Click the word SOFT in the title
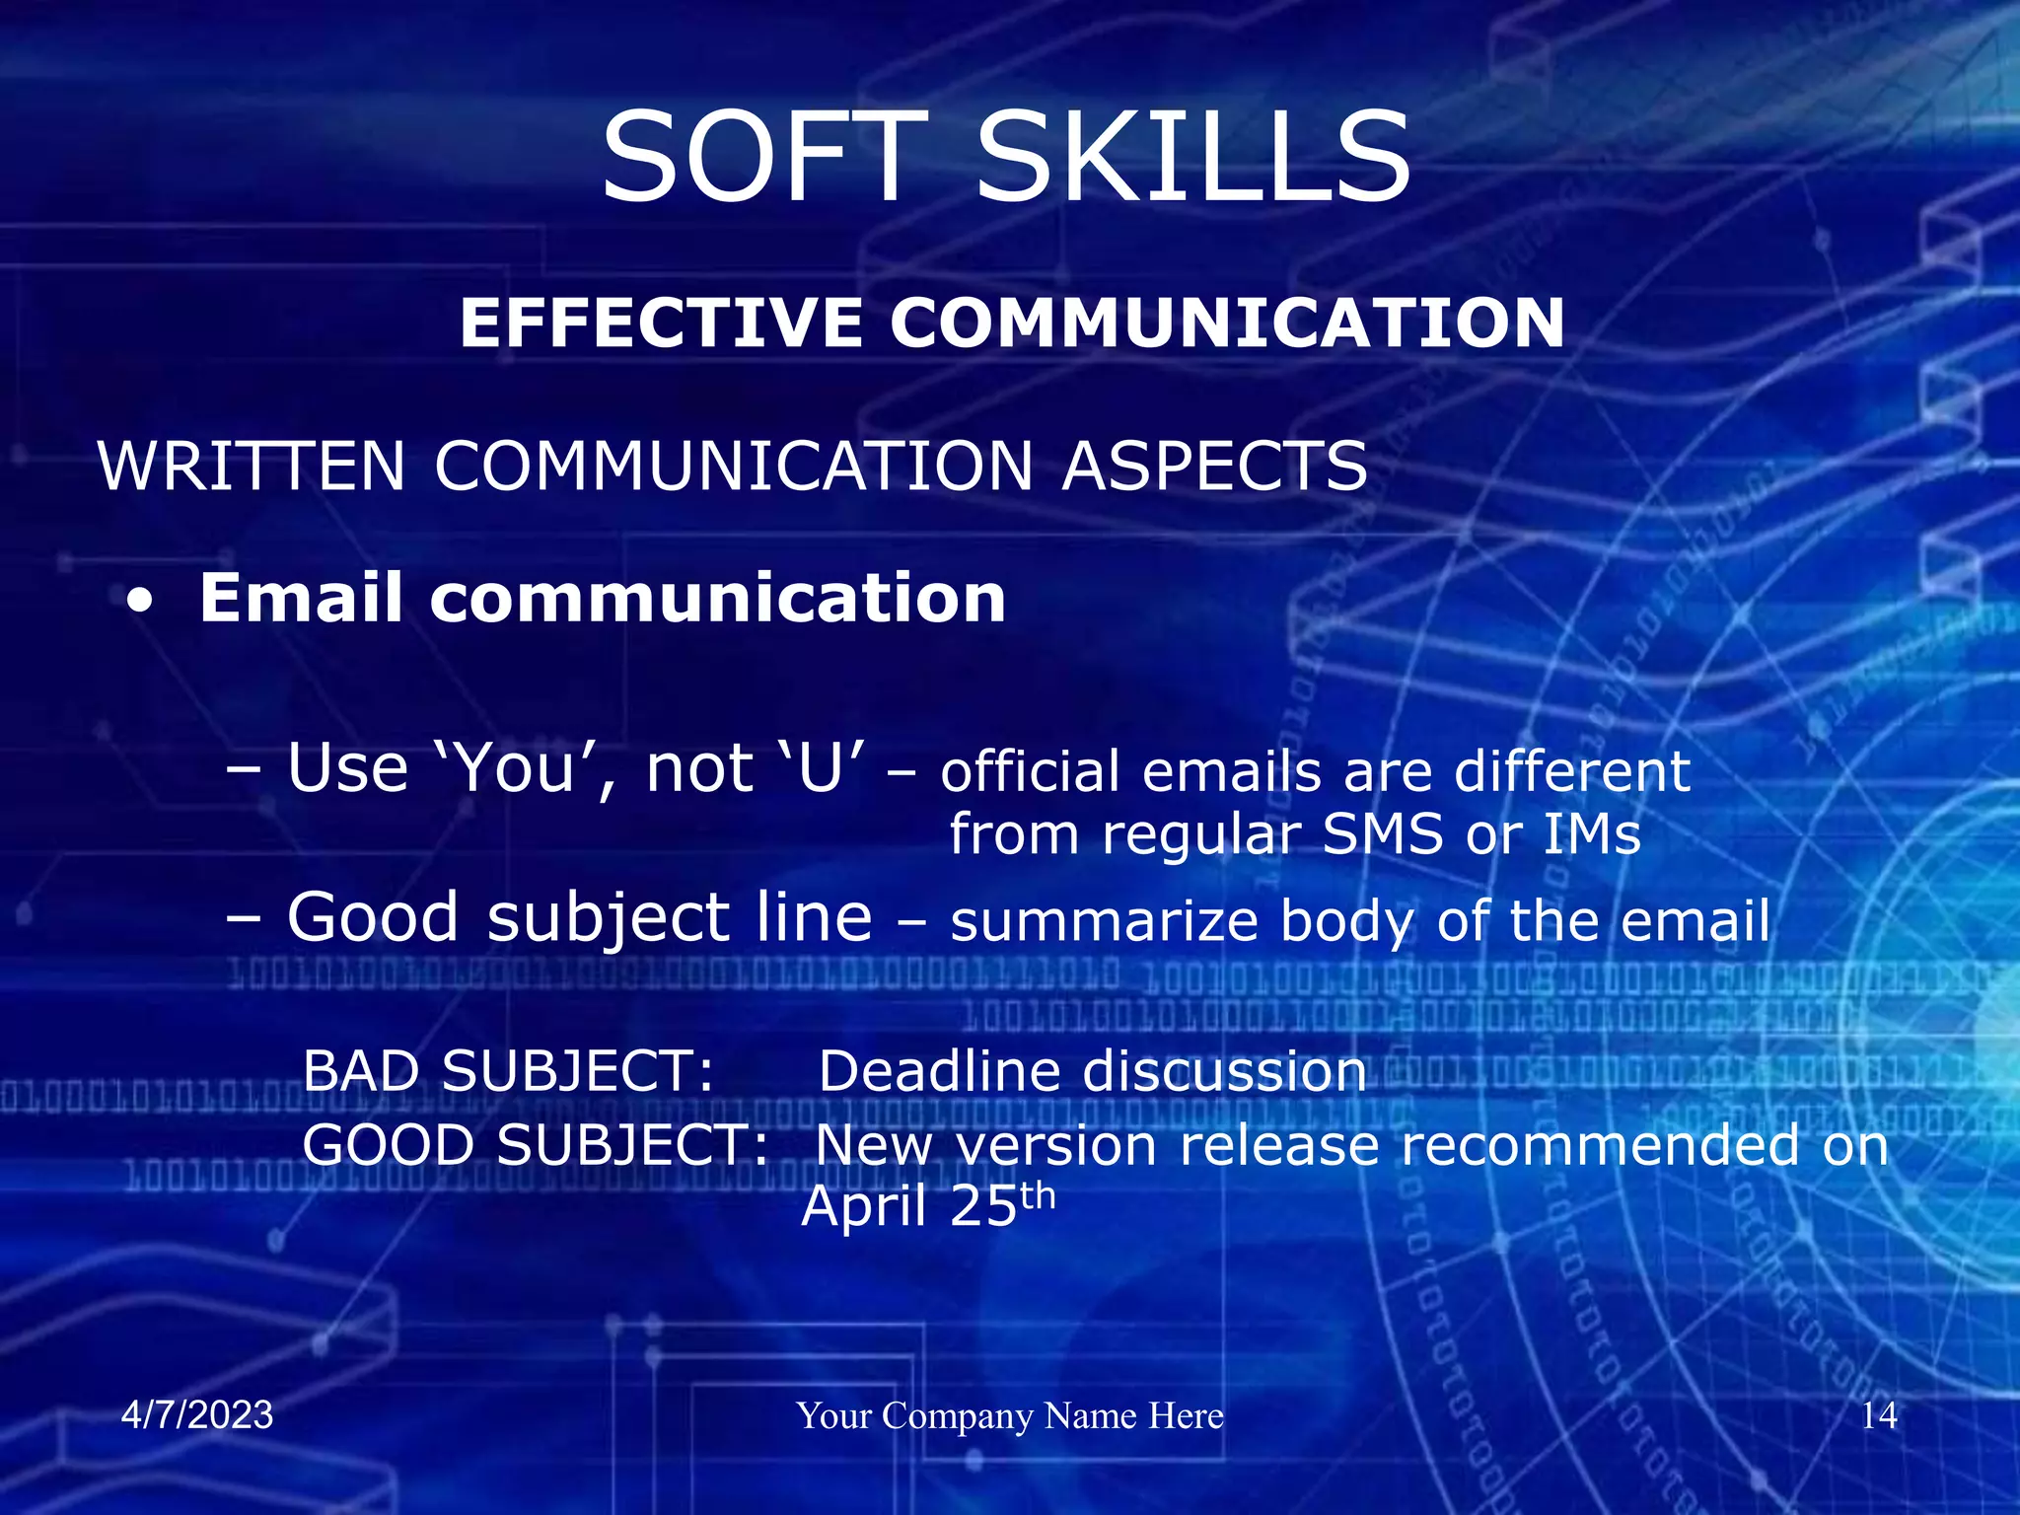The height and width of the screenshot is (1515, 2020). [764, 158]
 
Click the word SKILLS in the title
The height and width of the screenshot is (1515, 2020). [1193, 158]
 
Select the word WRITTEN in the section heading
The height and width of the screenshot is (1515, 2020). [252, 466]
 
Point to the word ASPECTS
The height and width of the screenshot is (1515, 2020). [1215, 466]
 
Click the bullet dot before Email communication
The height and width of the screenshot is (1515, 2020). [141, 602]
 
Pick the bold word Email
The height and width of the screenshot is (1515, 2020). [301, 598]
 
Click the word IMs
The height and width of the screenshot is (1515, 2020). [1591, 834]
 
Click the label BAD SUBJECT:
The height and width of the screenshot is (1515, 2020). [508, 1071]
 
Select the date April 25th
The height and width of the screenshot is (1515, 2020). [927, 1205]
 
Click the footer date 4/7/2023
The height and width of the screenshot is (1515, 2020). [197, 1415]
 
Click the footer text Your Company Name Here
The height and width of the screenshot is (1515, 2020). [1010, 1415]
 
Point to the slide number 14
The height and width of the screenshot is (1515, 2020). [1879, 1415]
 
